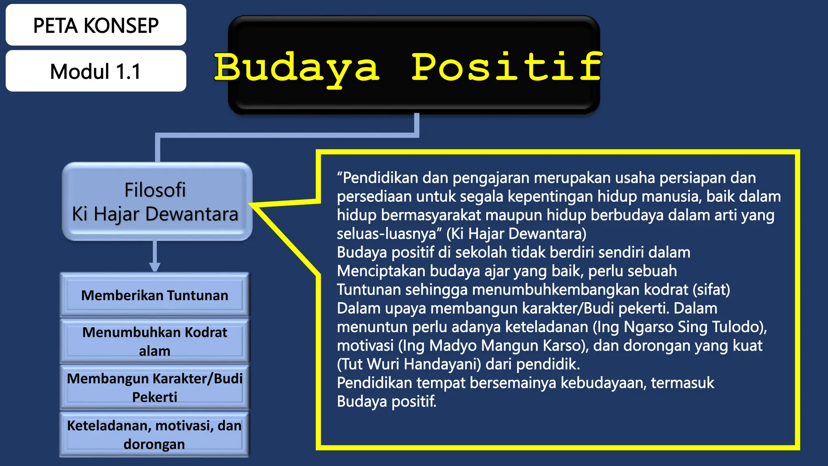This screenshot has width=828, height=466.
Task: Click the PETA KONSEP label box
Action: coord(96,25)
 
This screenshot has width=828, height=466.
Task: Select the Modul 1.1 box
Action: coord(96,71)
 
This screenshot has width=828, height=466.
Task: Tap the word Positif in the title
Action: coord(507,67)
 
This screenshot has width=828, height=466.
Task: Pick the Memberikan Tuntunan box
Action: coord(155,295)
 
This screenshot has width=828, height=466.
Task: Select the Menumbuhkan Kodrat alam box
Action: coord(155,341)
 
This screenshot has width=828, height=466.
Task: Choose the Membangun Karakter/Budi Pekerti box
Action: coord(155,387)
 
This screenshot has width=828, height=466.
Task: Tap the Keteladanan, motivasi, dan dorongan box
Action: coord(155,434)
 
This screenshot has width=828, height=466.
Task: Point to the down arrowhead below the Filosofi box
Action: coord(155,267)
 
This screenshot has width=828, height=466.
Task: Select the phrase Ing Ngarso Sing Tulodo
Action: coord(679,327)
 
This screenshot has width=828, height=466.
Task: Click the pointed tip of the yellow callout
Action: coord(251,204)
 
